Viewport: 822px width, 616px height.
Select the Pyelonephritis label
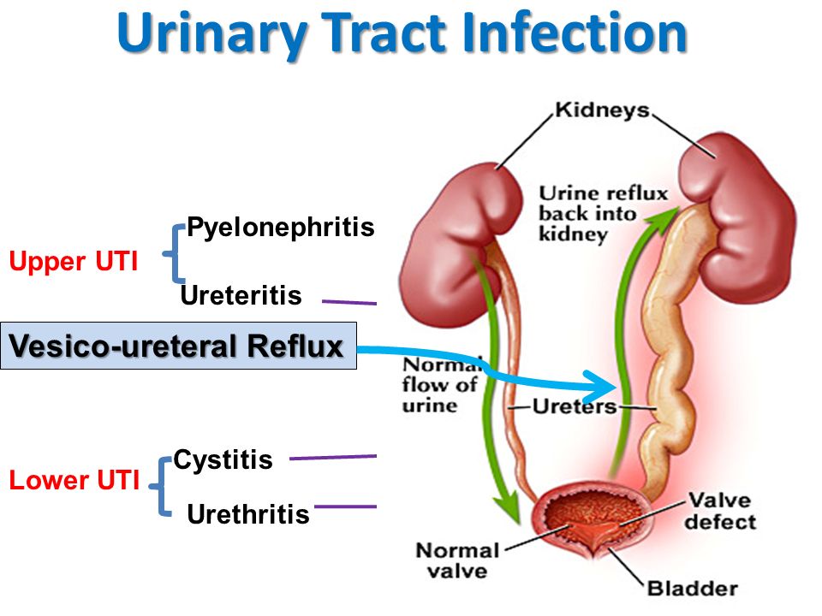(x=281, y=228)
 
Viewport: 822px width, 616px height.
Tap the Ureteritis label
(x=241, y=296)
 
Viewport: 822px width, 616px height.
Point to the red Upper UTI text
(x=73, y=262)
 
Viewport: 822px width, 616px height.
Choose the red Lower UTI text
(x=74, y=481)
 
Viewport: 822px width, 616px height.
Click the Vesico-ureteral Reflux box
(x=178, y=346)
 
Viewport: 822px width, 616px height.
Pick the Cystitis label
(x=223, y=460)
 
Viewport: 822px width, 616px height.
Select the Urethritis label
(x=247, y=514)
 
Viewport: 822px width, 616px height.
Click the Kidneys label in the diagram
(x=602, y=110)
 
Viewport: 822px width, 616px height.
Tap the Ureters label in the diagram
(x=575, y=407)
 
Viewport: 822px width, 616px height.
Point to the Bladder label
(x=692, y=589)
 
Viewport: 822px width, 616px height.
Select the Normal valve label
(x=457, y=560)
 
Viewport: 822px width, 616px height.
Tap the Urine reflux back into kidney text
(x=603, y=213)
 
